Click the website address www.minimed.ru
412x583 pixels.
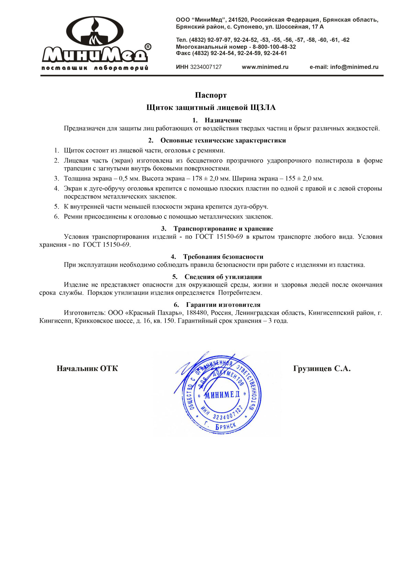[265, 67]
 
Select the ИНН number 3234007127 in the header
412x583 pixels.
[206, 67]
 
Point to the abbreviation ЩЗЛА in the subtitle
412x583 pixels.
[263, 108]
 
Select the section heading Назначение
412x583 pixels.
[223, 120]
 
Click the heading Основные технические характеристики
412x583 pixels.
[223, 141]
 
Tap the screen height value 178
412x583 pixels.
[197, 179]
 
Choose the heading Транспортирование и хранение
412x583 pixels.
[223, 229]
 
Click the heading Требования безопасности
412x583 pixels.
[223, 257]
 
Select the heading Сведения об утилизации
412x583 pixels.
[223, 277]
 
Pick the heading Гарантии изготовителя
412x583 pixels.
[223, 305]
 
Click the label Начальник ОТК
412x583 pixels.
[87, 369]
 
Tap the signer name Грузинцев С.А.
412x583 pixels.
[322, 369]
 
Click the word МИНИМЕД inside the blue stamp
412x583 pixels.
[222, 394]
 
